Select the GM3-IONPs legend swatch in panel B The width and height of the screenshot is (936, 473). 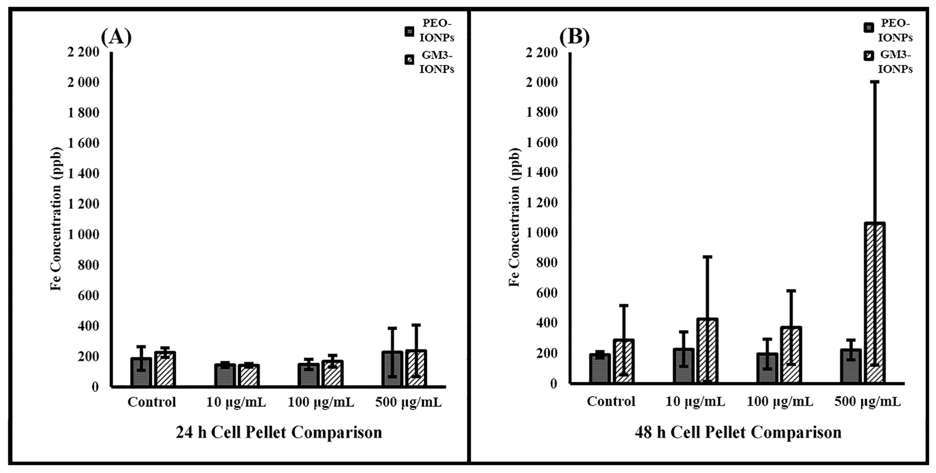click(x=868, y=56)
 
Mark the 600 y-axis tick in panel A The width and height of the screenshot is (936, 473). click(x=88, y=295)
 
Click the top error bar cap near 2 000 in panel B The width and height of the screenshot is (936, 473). click(x=874, y=82)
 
